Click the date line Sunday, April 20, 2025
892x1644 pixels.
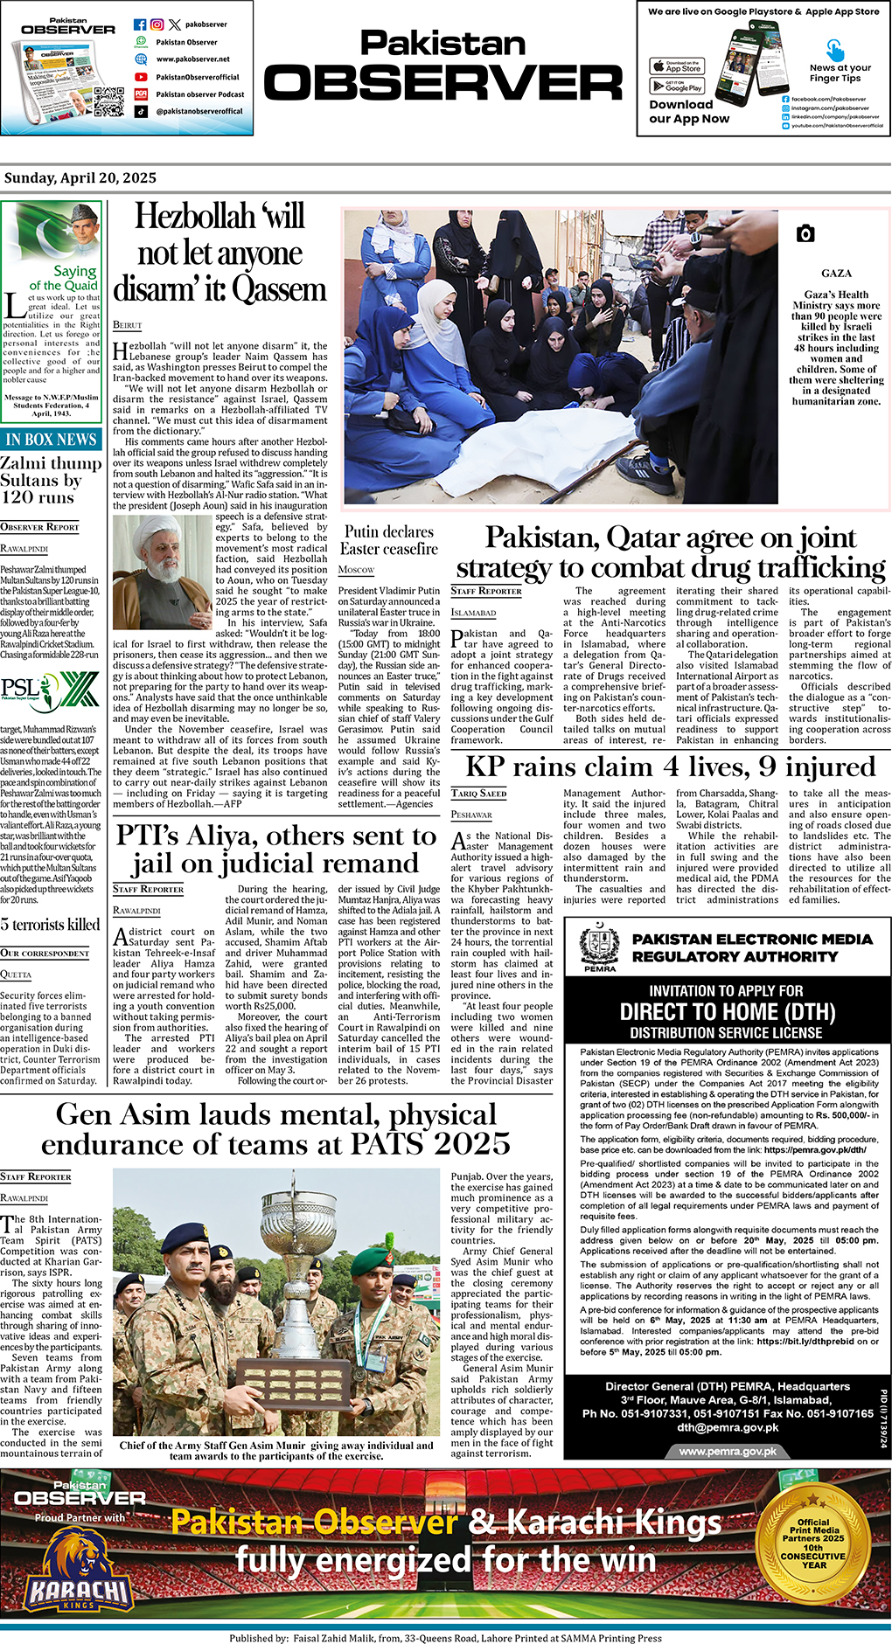(80, 178)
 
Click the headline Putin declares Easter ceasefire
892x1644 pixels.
(389, 540)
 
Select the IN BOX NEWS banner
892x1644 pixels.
(52, 440)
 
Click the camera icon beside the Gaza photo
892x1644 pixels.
(805, 233)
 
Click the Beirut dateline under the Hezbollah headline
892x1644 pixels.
(127, 325)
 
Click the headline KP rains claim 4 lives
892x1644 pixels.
(670, 767)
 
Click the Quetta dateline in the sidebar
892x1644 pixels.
(16, 975)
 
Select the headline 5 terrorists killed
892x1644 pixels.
(51, 925)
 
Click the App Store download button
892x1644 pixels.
(677, 66)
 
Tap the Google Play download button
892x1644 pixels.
(677, 86)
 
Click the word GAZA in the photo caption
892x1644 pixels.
(836, 274)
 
